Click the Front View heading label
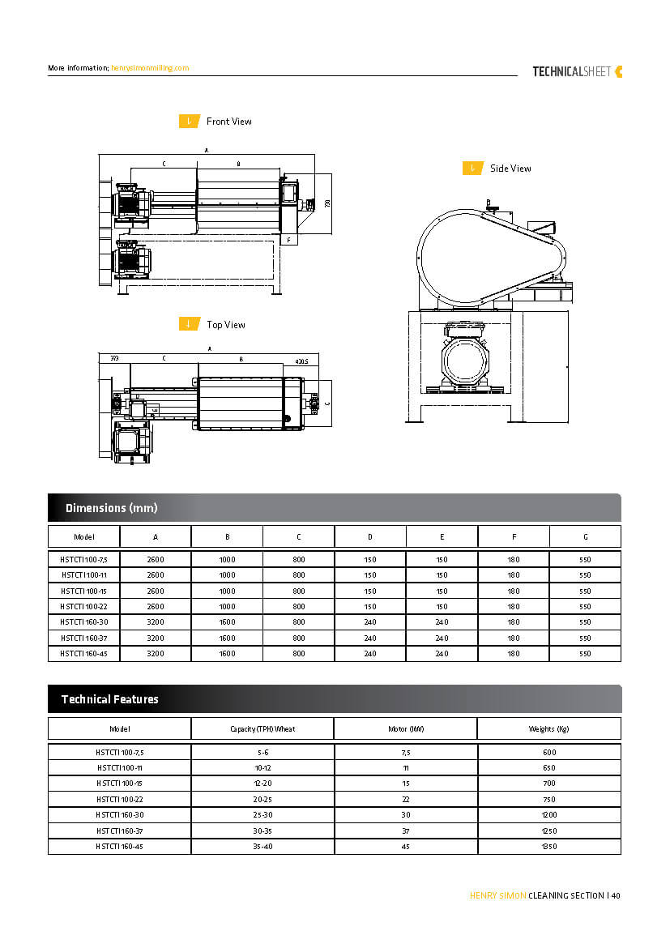(228, 122)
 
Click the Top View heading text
(225, 325)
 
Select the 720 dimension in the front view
(327, 203)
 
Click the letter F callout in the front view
(288, 240)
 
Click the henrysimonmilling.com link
(150, 68)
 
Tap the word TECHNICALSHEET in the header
(571, 71)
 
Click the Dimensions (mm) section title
(111, 508)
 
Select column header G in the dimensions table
(585, 536)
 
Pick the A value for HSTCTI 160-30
(156, 622)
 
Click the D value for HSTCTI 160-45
(370, 654)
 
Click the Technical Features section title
(109, 699)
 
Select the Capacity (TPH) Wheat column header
(262, 728)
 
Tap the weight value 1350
(548, 846)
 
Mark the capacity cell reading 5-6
(262, 753)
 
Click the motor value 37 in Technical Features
(405, 831)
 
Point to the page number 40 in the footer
(615, 895)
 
